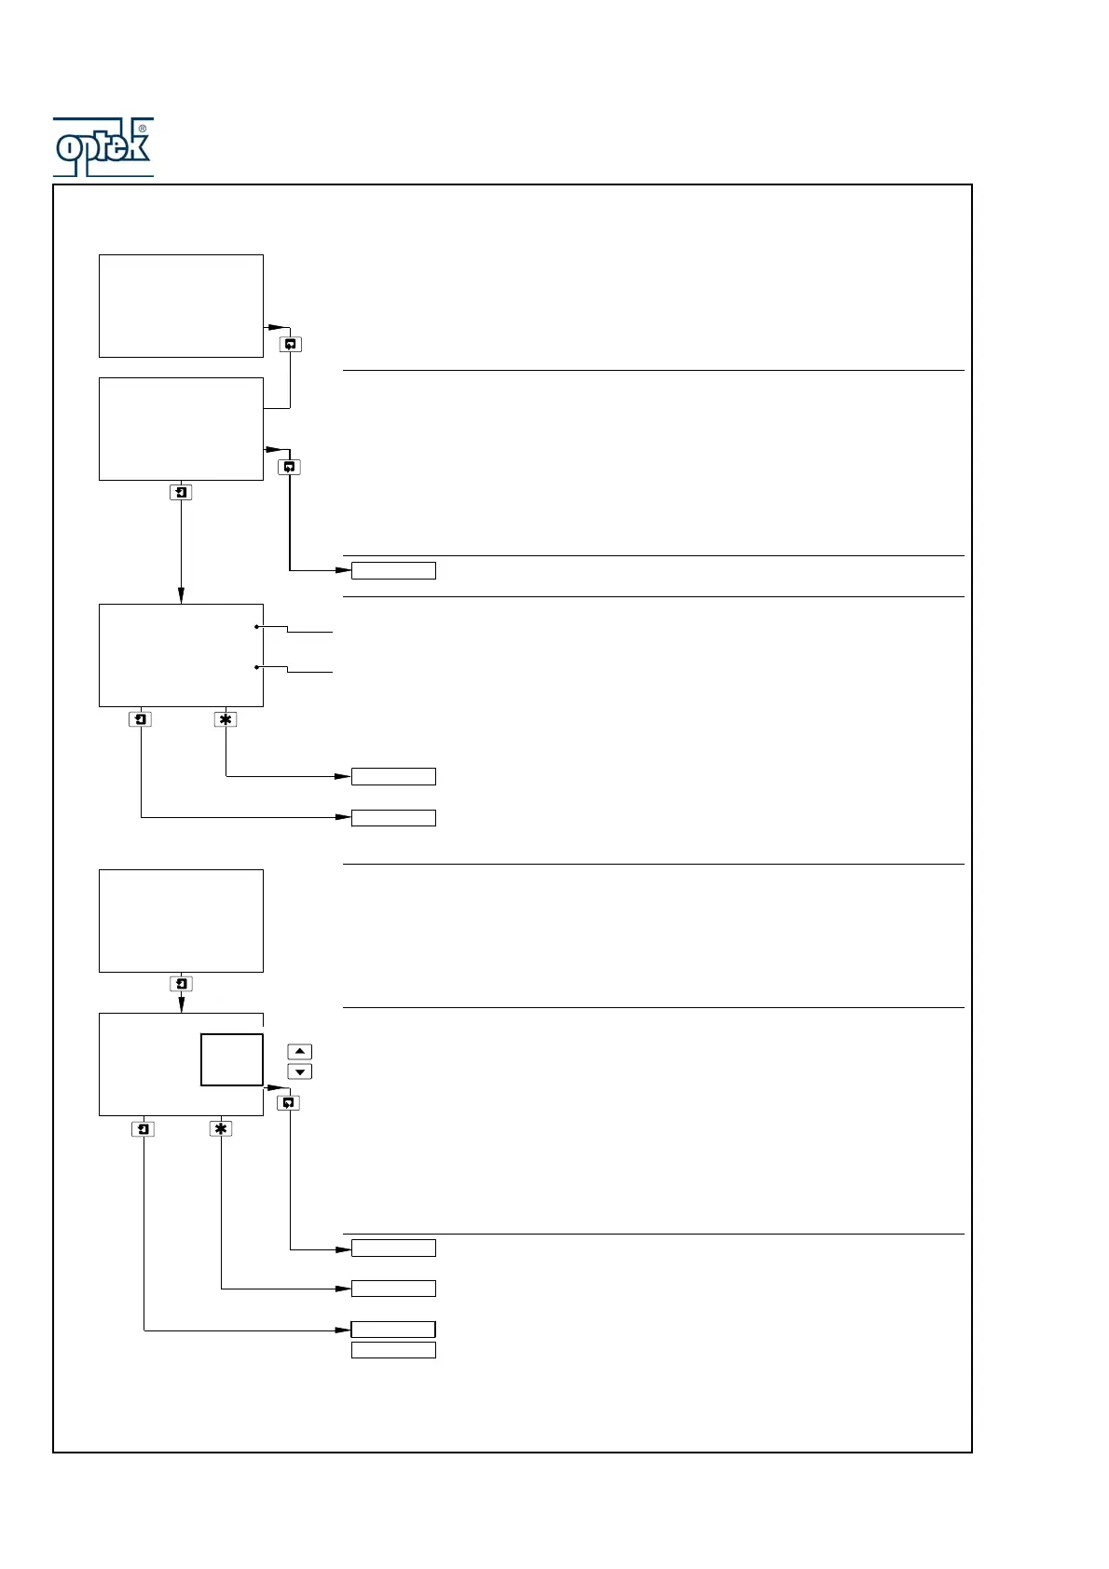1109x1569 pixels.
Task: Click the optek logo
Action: [x=103, y=147]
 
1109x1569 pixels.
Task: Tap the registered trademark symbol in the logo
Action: [x=143, y=129]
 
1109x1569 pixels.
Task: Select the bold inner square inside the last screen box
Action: [x=232, y=1059]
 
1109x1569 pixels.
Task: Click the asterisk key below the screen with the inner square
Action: [x=221, y=1128]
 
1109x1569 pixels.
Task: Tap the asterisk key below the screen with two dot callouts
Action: [x=225, y=719]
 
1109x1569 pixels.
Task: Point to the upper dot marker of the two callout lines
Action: [x=256, y=627]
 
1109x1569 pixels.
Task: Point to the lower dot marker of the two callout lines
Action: [x=256, y=667]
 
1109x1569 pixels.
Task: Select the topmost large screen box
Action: [x=181, y=306]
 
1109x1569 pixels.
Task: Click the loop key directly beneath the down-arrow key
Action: [x=289, y=1102]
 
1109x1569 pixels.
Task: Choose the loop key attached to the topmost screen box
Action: [x=290, y=344]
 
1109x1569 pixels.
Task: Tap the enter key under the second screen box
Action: [x=181, y=492]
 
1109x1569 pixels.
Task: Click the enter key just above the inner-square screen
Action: [x=181, y=984]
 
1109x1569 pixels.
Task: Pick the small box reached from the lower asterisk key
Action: [x=393, y=1289]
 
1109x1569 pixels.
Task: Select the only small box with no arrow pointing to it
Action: [x=393, y=1350]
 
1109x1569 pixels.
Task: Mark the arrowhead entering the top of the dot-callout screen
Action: [x=181, y=596]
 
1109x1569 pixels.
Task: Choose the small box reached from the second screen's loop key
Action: [x=393, y=570]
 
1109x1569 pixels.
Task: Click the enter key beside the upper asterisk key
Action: [x=140, y=719]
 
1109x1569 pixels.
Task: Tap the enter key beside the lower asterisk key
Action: [x=143, y=1128]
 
